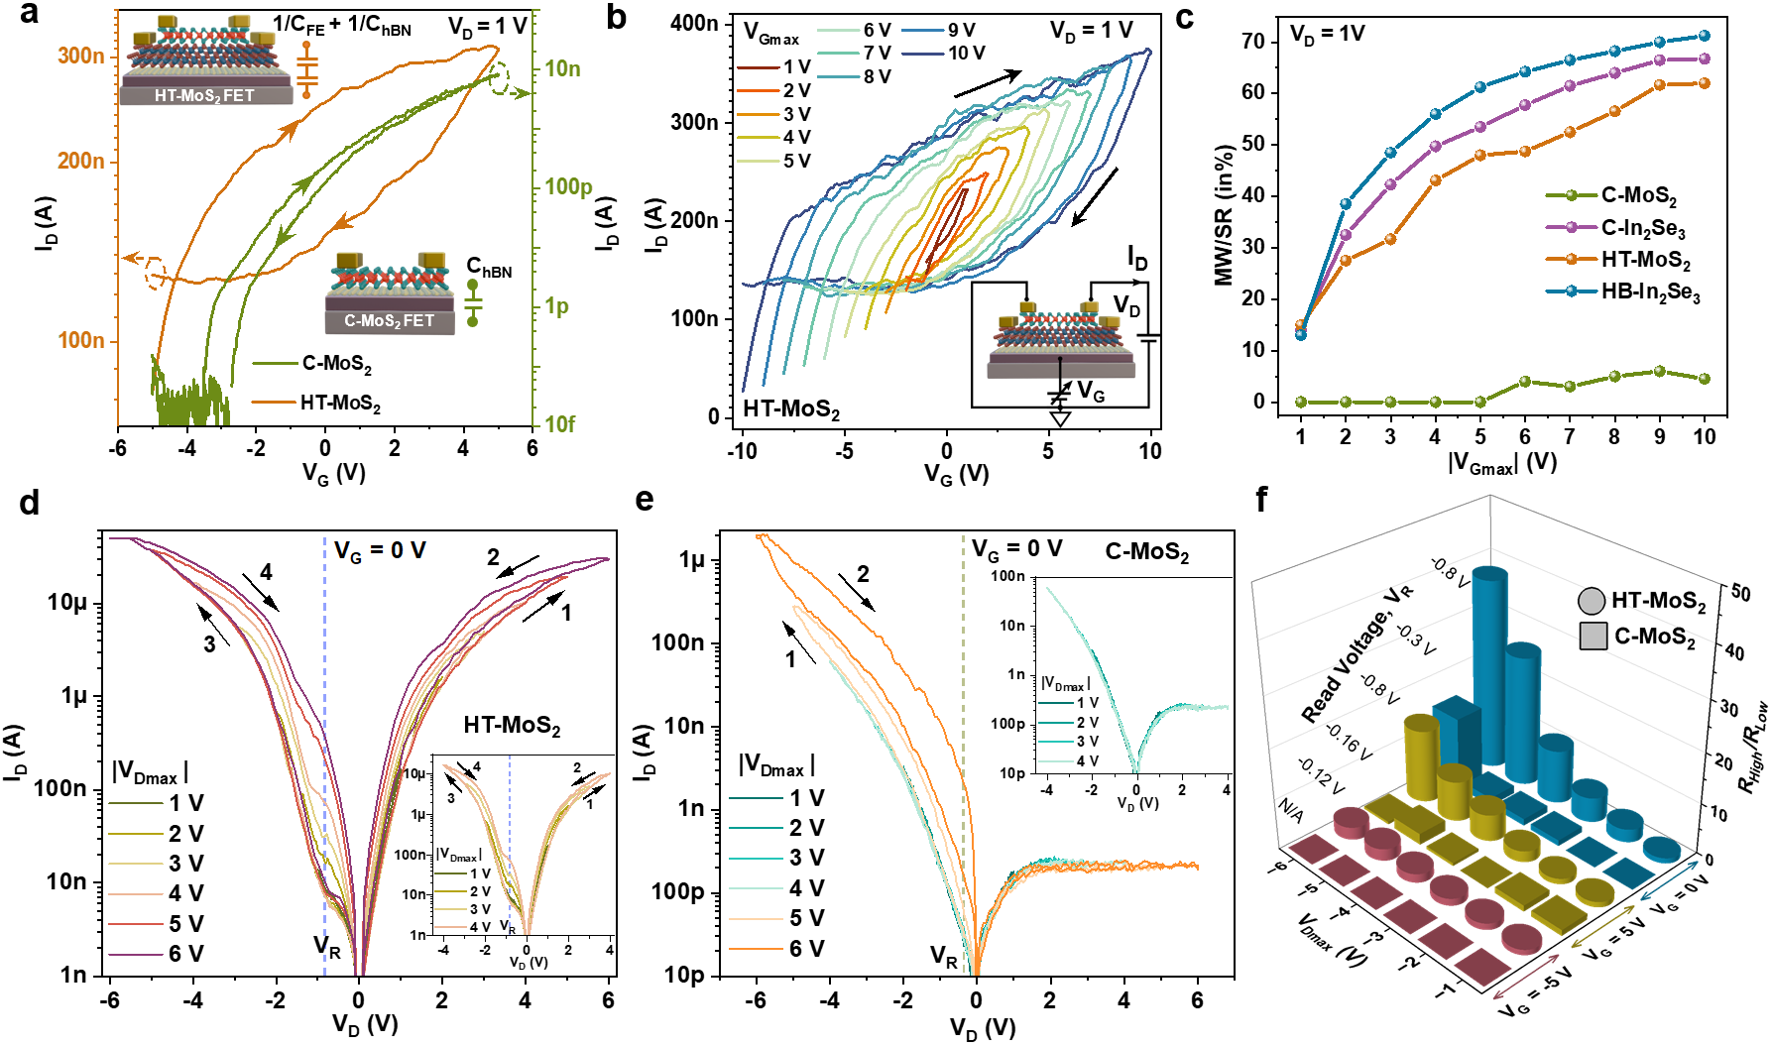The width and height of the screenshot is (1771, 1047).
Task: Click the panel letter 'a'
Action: (29, 14)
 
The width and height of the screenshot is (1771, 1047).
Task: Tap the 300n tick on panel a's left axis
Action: (80, 56)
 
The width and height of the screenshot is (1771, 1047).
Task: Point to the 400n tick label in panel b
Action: (694, 23)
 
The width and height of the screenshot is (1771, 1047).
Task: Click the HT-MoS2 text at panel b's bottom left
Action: (791, 409)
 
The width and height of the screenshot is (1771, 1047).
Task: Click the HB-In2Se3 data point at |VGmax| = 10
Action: (1705, 36)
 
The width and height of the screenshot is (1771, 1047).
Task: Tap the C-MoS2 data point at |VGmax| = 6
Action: (1525, 382)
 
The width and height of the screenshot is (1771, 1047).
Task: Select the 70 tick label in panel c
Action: (1253, 41)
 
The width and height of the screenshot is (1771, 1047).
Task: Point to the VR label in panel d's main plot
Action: (327, 946)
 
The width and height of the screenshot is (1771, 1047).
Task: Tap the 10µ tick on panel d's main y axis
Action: (67, 603)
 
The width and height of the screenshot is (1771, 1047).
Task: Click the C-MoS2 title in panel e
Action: (1147, 552)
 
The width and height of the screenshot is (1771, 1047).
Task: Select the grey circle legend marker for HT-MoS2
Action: (1591, 601)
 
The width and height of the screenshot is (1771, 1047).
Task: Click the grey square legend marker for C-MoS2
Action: (1593, 637)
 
